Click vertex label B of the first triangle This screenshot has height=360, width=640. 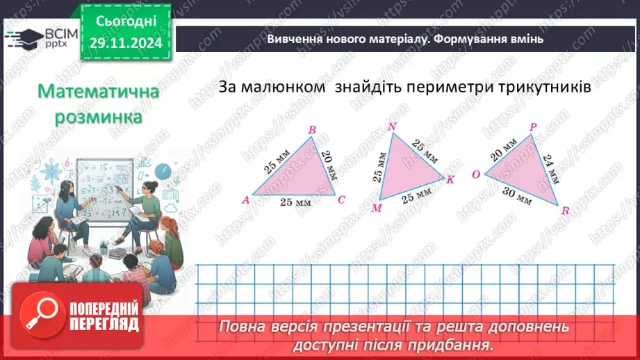(312, 129)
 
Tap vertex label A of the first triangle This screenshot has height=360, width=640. (245, 200)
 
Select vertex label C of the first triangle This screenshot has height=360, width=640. (341, 200)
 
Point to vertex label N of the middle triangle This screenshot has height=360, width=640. (392, 126)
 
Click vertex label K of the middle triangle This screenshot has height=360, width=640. (450, 180)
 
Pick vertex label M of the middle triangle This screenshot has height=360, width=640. (377, 208)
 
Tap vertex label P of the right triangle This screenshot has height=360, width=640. (532, 127)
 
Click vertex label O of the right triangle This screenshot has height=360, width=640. (476, 174)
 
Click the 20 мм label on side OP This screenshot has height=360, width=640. (504, 149)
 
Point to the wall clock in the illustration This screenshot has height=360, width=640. (163, 170)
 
